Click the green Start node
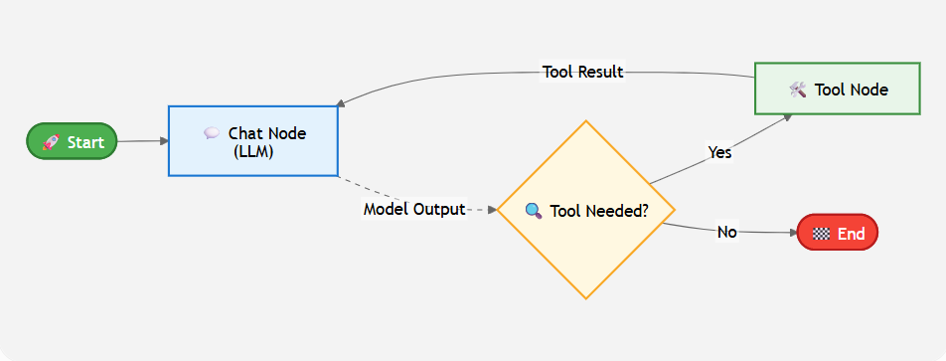72,141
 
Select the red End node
838,233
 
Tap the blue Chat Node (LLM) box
252,141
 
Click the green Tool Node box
838,89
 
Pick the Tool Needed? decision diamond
585,210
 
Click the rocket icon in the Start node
51,142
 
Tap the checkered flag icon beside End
821,234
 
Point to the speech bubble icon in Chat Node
211,133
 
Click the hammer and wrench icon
798,90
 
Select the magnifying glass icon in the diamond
534,211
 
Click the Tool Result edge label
582,73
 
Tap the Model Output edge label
414,210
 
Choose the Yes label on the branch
719,153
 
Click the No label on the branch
727,232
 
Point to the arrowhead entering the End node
793,233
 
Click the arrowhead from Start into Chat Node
164,140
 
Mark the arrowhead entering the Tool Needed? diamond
492,210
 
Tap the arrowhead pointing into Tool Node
788,117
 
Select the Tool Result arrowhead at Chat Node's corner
341,103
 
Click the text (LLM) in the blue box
253,151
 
